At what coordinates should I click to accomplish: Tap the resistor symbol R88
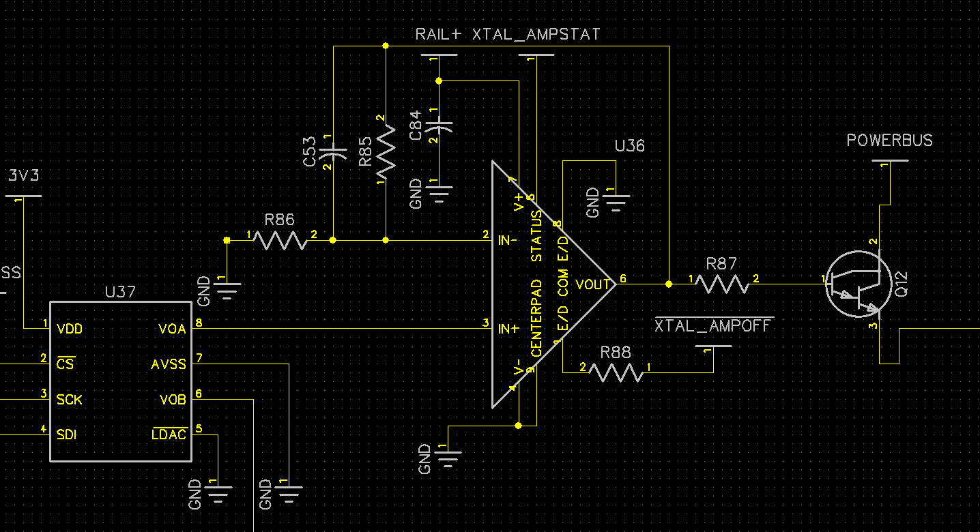click(616, 372)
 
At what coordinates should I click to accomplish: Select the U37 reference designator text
click(120, 292)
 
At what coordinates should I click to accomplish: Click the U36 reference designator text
click(629, 146)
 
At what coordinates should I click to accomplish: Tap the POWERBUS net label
click(889, 141)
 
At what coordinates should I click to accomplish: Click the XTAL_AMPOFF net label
click(714, 326)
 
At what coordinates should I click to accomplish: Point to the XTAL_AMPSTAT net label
click(536, 34)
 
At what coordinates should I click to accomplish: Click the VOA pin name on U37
click(172, 329)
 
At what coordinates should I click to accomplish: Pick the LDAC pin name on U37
click(169, 434)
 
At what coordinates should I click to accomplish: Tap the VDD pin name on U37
click(70, 329)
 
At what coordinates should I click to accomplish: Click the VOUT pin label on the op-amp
click(592, 284)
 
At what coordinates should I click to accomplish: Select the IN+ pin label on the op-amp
click(509, 329)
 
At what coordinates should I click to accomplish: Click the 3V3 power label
click(23, 176)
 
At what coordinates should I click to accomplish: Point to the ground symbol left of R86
click(227, 290)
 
